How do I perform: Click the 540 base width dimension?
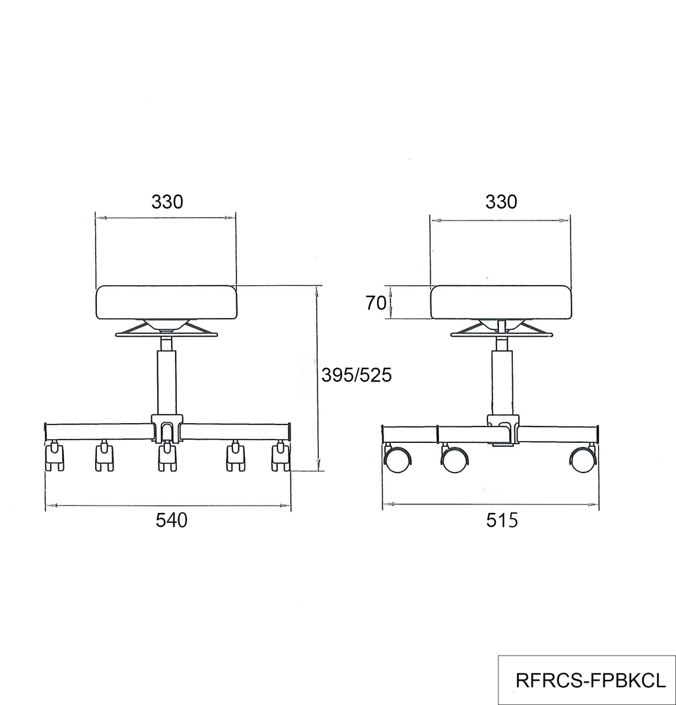[x=172, y=520]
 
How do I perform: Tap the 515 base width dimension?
[x=502, y=520]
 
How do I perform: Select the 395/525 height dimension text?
[x=356, y=375]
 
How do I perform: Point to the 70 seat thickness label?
[x=376, y=304]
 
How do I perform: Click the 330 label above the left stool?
[x=167, y=202]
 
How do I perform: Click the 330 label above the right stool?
[x=501, y=202]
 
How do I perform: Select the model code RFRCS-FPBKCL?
[x=591, y=681]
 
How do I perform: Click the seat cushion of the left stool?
[x=166, y=302]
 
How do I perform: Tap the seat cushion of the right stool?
[x=500, y=302]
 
